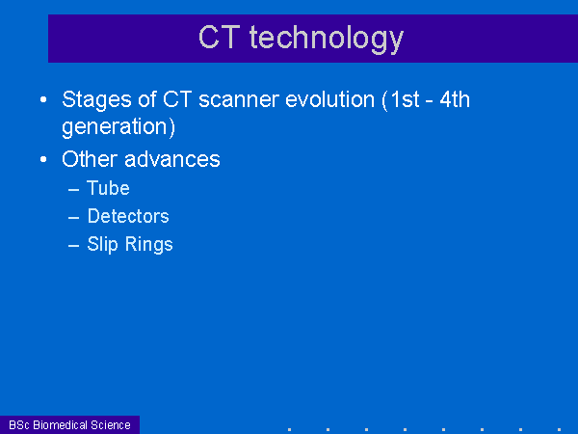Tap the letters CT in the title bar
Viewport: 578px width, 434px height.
pos(220,37)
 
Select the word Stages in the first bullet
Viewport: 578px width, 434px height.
pos(96,100)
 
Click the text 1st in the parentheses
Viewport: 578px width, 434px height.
pos(405,99)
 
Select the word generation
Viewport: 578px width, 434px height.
pos(115,127)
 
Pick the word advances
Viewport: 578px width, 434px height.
pos(172,159)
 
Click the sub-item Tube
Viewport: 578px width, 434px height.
pos(108,188)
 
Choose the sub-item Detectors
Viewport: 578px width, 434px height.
pos(128,216)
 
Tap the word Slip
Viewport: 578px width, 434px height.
pos(102,245)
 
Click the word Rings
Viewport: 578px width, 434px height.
pos(149,245)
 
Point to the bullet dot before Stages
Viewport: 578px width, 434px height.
pos(43,99)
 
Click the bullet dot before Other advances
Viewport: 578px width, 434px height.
pos(43,159)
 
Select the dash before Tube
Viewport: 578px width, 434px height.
pos(74,190)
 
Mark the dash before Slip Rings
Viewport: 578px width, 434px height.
pos(74,246)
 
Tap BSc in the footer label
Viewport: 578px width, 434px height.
pos(19,425)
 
